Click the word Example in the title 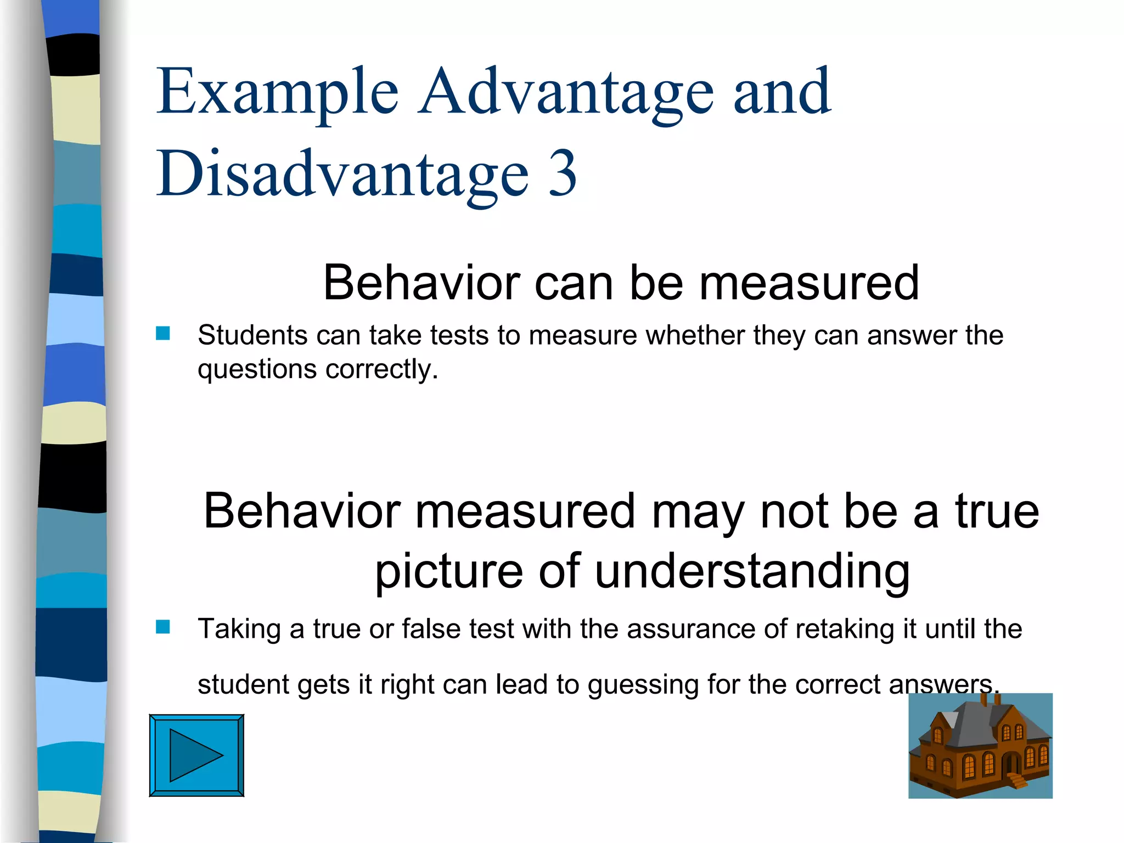277,92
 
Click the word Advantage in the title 565,92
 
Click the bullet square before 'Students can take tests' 162,333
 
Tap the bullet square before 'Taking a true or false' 162,627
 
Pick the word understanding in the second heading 752,571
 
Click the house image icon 980,746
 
